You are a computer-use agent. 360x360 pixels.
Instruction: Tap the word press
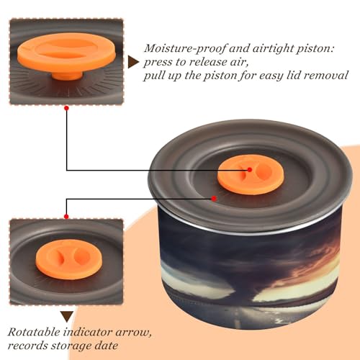click(x=158, y=63)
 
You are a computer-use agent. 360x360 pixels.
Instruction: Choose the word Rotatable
click(x=34, y=332)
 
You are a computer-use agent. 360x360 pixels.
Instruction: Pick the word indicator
click(x=88, y=332)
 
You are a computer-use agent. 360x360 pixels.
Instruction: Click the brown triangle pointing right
click(x=133, y=62)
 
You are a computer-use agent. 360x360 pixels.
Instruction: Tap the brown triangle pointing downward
click(x=67, y=317)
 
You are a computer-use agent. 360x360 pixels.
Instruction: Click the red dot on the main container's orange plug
click(x=250, y=170)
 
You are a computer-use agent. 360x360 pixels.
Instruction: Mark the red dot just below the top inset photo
click(x=67, y=108)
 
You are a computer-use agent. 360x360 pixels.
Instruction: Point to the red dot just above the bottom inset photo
click(x=67, y=217)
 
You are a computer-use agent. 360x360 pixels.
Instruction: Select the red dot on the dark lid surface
click(x=214, y=199)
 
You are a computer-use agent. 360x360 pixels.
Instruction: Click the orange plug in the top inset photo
click(x=66, y=53)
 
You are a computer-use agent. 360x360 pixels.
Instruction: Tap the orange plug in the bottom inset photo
click(x=69, y=259)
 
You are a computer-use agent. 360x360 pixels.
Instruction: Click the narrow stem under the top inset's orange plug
click(x=67, y=76)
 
